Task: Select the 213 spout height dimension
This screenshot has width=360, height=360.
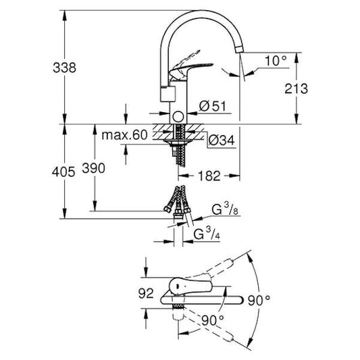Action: click(x=297, y=88)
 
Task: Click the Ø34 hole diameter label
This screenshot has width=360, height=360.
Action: click(x=220, y=141)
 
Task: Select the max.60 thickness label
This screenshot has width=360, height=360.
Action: click(x=124, y=135)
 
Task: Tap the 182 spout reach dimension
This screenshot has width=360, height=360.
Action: click(x=210, y=176)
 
